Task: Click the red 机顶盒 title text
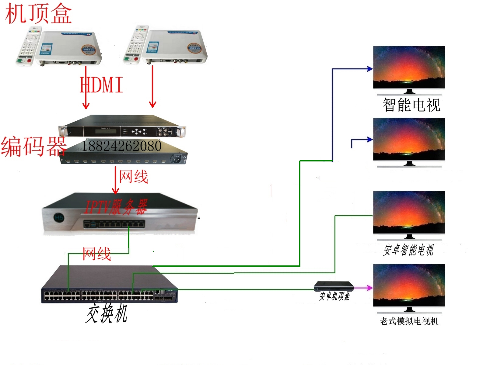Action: pos(38,14)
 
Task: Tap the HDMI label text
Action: pos(101,85)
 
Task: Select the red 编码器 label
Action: pos(33,147)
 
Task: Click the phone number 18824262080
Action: pos(121,146)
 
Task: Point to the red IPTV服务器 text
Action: pos(116,207)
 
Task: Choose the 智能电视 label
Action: pos(411,105)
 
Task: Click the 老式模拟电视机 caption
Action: pos(409,321)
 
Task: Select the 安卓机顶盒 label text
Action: pos(334,296)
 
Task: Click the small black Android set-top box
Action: pos(334,286)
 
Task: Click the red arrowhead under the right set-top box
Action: pos(153,104)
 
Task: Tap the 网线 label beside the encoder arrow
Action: pos(133,177)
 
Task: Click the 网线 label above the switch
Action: pos(97,254)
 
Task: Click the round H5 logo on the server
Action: pos(59,217)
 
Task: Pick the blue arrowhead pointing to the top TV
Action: pos(370,69)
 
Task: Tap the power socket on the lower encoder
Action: pos(177,158)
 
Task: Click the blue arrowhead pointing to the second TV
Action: pos(370,140)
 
